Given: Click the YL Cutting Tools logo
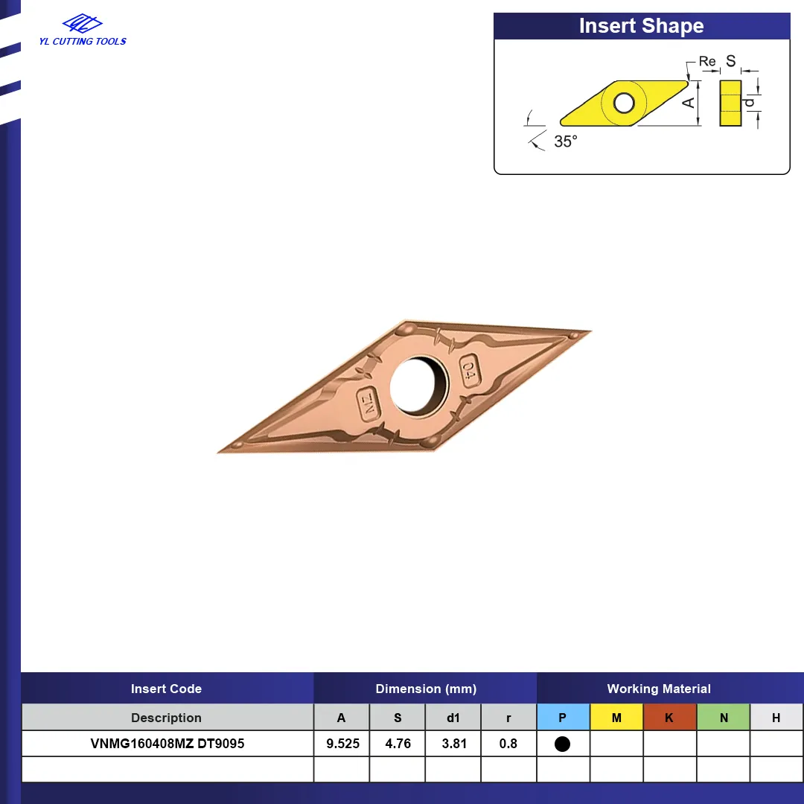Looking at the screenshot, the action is (83, 31).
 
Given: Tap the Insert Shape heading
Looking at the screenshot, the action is (641, 25).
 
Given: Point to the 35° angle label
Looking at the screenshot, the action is (566, 141).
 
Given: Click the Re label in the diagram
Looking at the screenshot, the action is (707, 62).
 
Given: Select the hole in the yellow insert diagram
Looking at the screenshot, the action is (624, 103).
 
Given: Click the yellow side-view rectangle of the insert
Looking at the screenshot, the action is (730, 103).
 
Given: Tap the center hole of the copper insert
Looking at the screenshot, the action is (419, 386).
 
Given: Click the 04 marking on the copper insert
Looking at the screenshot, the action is (469, 370).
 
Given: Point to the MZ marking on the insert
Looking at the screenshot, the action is (368, 403).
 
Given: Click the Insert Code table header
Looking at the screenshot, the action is (166, 689).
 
